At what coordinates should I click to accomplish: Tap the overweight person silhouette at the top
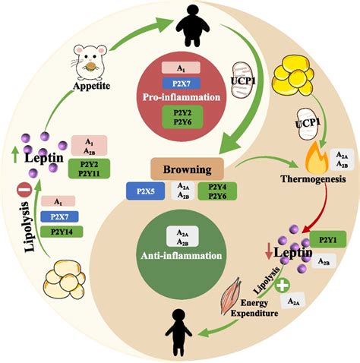point(179,26)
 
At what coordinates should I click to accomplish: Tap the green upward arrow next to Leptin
point(15,156)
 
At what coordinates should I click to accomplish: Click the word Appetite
point(88,87)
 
